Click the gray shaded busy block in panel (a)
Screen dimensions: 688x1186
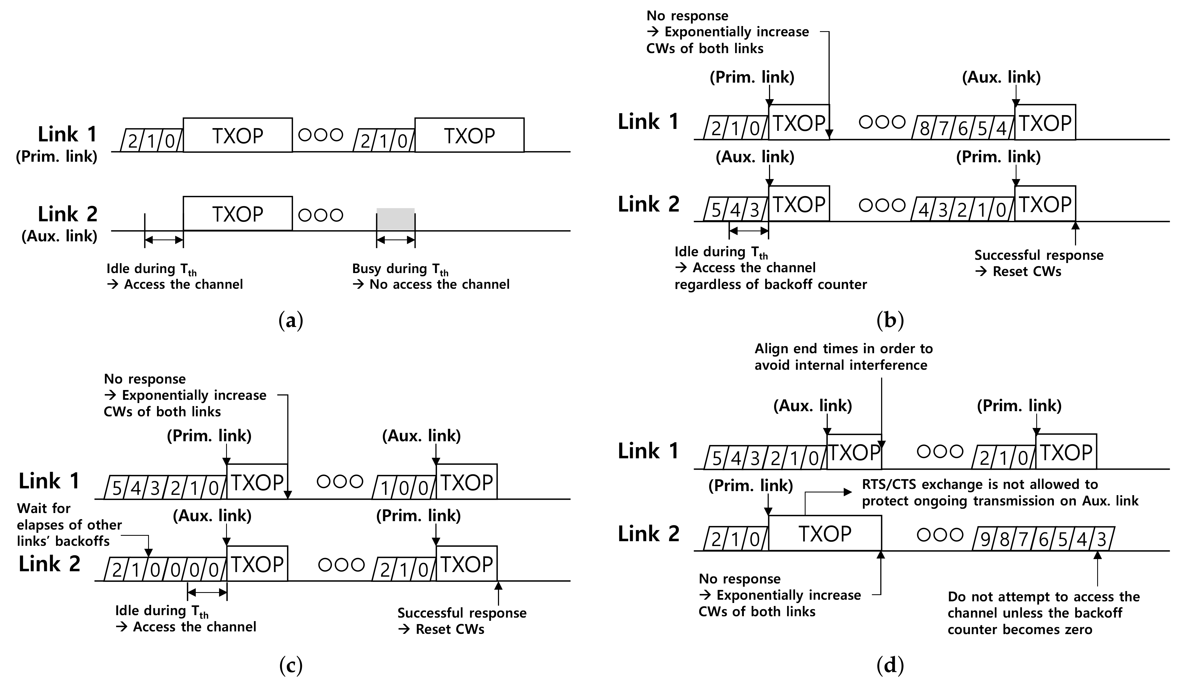[x=395, y=219]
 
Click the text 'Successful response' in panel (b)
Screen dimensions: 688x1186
[x=1039, y=255]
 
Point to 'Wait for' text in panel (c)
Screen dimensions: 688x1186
[x=43, y=509]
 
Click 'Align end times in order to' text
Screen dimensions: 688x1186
[x=843, y=349]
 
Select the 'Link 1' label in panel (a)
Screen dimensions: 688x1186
[x=67, y=134]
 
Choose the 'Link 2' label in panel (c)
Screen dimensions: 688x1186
[x=49, y=564]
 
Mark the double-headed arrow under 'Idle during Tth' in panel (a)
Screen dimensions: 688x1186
[x=164, y=240]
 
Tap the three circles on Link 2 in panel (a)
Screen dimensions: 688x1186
[x=321, y=215]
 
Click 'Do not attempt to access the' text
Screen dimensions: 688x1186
[x=1043, y=597]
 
